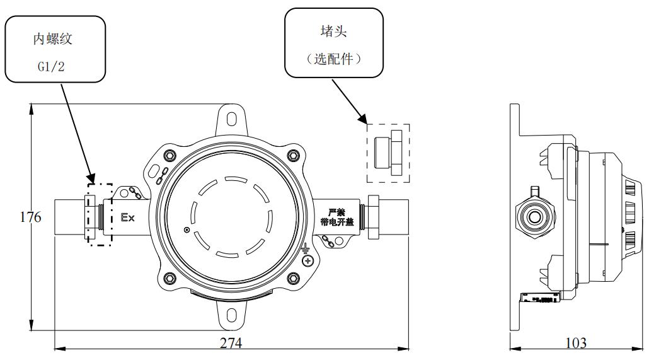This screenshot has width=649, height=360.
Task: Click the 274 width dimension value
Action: coord(231,344)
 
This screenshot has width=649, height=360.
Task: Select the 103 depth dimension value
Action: coord(575,344)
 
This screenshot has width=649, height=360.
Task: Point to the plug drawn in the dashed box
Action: coord(388,153)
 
